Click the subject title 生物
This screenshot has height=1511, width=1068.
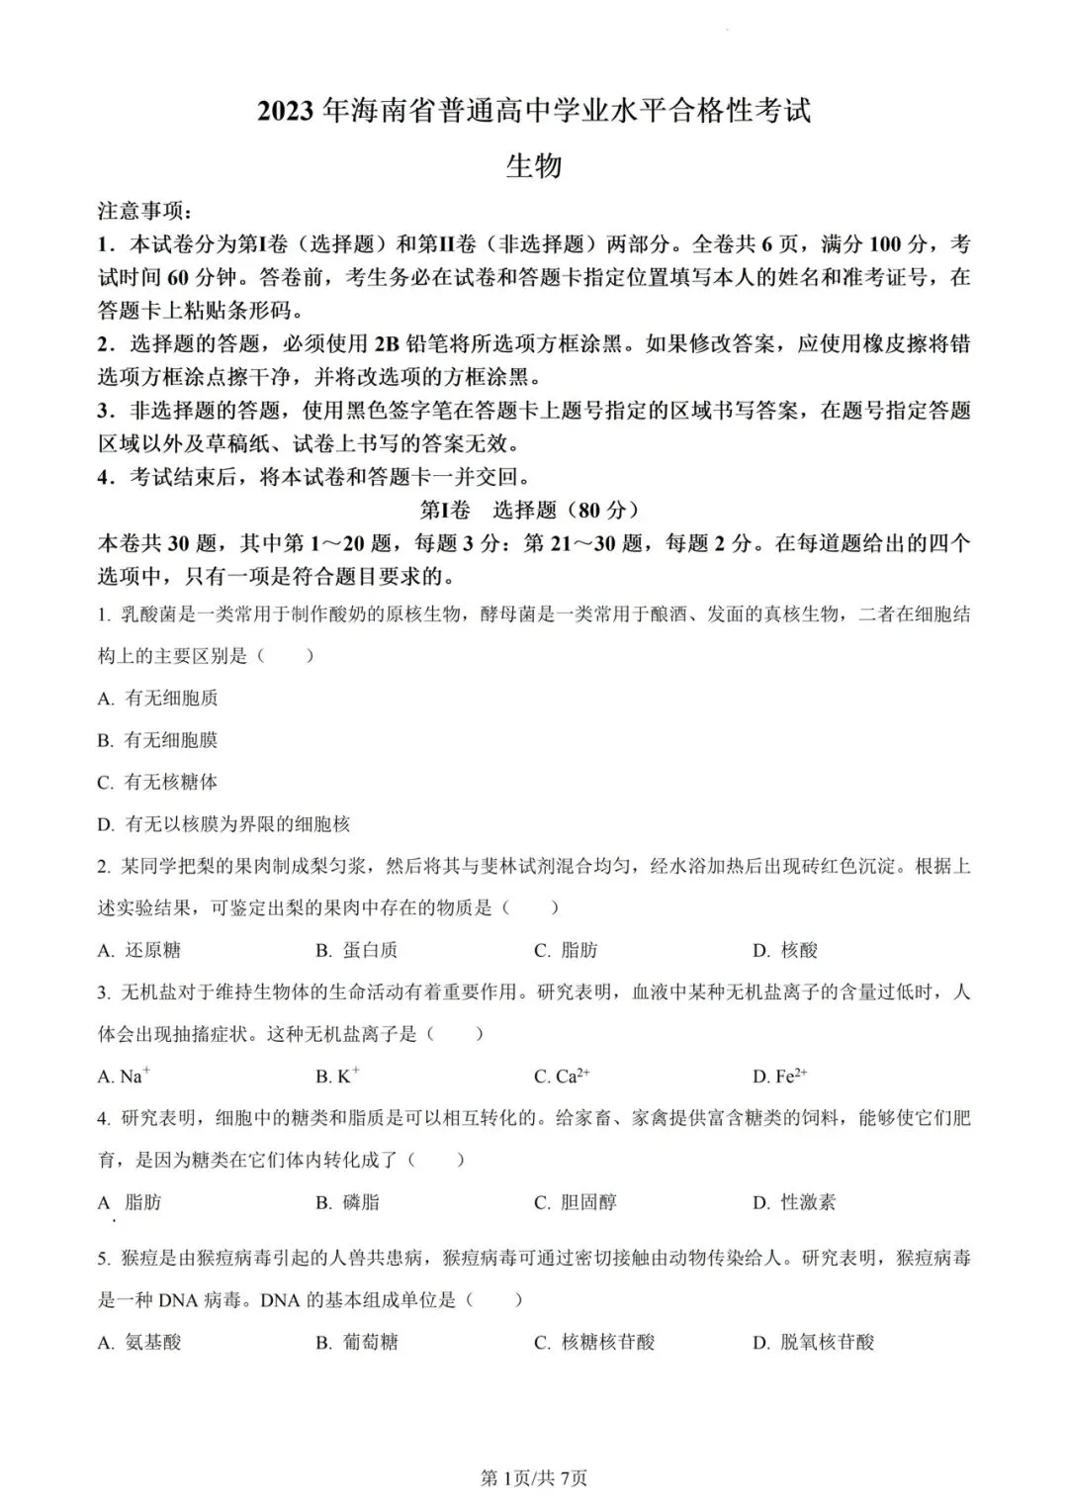[x=533, y=165]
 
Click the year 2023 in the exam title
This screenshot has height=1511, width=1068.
[x=288, y=112]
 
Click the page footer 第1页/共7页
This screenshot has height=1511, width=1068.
[x=533, y=1478]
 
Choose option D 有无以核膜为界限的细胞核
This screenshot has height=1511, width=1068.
[x=223, y=823]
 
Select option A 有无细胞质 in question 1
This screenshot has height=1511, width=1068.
[x=158, y=698]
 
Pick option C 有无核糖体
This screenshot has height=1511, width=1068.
[x=158, y=782]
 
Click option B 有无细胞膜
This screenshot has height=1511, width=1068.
[x=158, y=739]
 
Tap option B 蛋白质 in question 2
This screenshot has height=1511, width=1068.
[x=357, y=950]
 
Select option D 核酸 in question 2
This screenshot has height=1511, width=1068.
[x=785, y=950]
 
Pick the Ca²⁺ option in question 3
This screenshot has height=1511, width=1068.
[x=562, y=1076]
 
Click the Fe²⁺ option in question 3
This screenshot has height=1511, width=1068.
[x=780, y=1076]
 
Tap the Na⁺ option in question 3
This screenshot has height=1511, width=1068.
[x=125, y=1076]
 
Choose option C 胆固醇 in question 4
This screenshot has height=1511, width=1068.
[x=576, y=1202]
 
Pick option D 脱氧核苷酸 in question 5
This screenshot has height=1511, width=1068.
[x=814, y=1342]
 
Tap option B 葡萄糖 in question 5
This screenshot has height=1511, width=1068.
[x=357, y=1342]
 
